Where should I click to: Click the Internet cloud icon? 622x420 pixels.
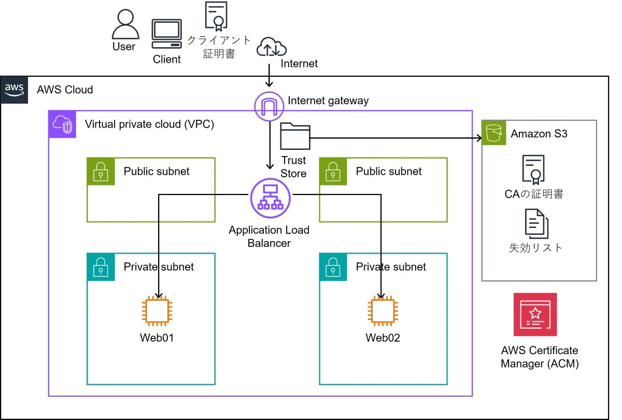(x=271, y=47)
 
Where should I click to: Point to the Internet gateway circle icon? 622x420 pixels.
(x=270, y=106)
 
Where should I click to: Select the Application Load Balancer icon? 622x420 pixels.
(x=270, y=198)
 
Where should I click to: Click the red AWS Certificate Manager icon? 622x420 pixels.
(x=535, y=314)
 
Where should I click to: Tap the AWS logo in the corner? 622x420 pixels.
(x=15, y=89)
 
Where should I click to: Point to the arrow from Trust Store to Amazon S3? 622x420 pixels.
(x=394, y=138)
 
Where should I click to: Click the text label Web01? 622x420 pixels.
(x=157, y=338)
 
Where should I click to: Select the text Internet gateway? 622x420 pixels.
(x=328, y=101)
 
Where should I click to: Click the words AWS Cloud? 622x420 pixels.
(x=65, y=90)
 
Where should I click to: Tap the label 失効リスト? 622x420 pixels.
(x=536, y=247)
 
